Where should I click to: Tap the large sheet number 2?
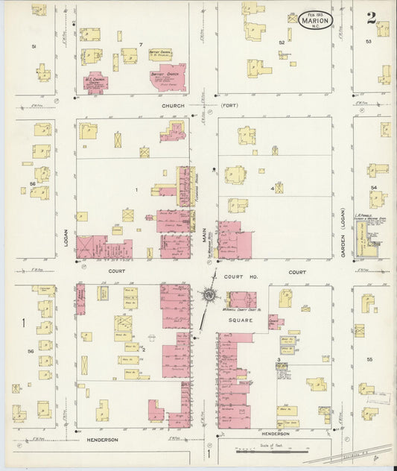click(x=371, y=18)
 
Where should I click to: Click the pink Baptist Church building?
click(x=162, y=77)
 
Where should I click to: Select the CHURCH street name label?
click(x=172, y=106)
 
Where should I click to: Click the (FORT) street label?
click(x=230, y=106)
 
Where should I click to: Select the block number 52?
click(x=282, y=42)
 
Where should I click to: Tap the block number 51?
click(x=34, y=46)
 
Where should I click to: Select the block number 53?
click(x=368, y=42)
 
